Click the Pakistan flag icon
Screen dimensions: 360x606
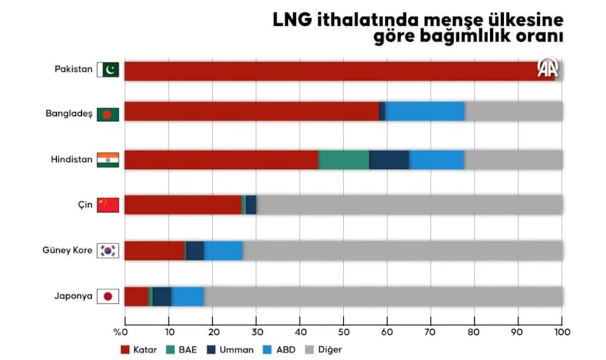(x=108, y=70)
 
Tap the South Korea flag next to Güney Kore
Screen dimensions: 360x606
(x=108, y=251)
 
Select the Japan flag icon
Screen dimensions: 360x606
(x=108, y=296)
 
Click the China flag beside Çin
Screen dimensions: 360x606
(x=108, y=205)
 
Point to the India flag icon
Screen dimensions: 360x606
(x=108, y=160)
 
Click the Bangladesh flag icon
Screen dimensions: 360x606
(x=108, y=114)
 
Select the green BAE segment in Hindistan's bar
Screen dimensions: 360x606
(x=343, y=160)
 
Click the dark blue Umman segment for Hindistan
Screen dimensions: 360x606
(x=389, y=160)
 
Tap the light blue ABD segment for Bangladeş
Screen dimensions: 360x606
(x=424, y=111)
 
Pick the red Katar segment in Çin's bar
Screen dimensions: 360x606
(x=182, y=205)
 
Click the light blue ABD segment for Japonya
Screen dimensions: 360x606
(x=187, y=296)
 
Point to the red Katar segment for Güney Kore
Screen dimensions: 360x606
(x=154, y=251)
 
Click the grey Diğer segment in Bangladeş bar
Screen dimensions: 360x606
(x=513, y=111)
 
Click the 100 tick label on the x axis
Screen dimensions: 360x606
(x=561, y=331)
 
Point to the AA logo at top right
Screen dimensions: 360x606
(x=548, y=69)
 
